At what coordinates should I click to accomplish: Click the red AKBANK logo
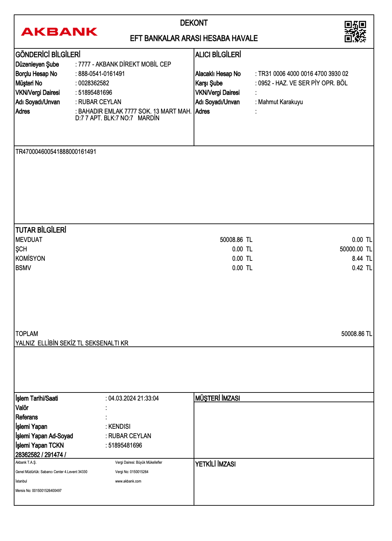click(59, 32)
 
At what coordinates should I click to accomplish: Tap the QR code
click(355, 32)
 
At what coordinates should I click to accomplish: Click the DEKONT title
click(194, 23)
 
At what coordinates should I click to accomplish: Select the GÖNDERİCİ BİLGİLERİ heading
click(48, 54)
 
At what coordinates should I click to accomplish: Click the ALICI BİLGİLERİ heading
click(218, 54)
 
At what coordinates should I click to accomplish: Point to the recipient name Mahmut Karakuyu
click(280, 102)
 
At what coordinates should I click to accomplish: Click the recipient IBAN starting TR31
click(303, 74)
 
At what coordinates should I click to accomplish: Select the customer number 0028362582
click(93, 83)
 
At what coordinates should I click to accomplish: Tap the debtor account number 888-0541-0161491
click(101, 74)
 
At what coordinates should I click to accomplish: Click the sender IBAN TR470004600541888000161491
click(56, 152)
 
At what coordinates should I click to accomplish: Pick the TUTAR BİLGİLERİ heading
click(41, 230)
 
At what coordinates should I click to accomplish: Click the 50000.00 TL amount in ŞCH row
click(356, 249)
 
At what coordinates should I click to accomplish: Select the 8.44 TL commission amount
click(362, 258)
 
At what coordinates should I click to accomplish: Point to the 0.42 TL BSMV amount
click(362, 268)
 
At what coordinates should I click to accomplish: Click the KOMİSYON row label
click(30, 258)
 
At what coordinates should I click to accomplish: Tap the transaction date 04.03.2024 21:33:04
click(133, 398)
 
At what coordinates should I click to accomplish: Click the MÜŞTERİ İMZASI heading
click(218, 398)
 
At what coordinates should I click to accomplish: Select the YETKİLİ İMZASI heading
click(215, 464)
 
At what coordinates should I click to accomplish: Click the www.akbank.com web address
click(128, 481)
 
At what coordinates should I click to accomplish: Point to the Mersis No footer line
click(38, 491)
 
